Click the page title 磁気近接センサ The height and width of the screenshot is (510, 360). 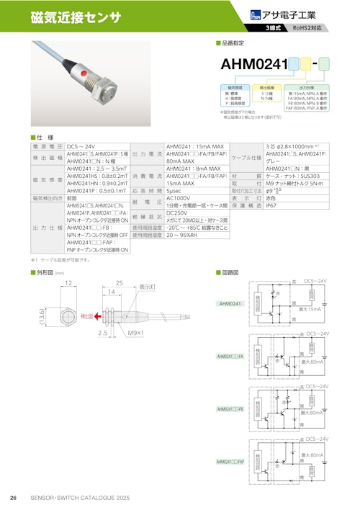pyautogui.click(x=76, y=17)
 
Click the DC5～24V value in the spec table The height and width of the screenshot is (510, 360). pyautogui.click(x=81, y=146)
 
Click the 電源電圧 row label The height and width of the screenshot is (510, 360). pyautogui.click(x=47, y=146)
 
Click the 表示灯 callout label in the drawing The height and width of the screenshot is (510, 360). pyautogui.click(x=148, y=286)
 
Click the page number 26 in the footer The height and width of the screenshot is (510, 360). pyautogui.click(x=13, y=498)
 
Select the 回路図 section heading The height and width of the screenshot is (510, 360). pyautogui.click(x=230, y=272)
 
